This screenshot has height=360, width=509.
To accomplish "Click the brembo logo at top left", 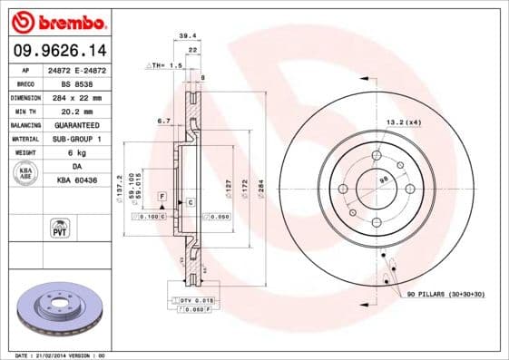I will tap(60, 20).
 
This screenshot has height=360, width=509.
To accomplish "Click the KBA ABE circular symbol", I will tap(24, 174).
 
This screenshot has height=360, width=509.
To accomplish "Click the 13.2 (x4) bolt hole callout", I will tap(404, 122).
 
